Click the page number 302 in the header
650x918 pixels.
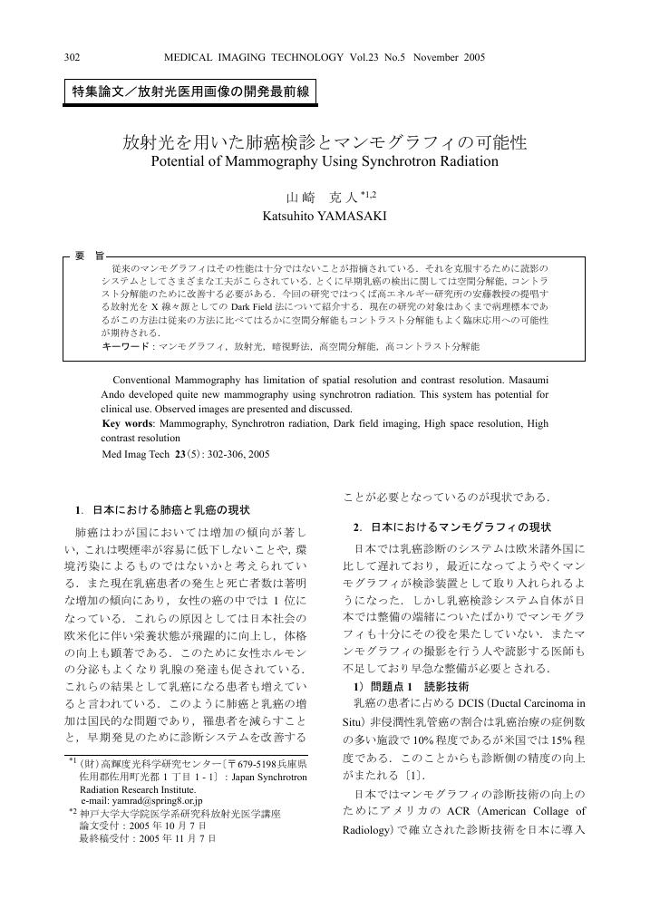[72, 58]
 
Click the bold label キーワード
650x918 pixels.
[125, 347]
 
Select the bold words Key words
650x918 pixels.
[127, 423]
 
